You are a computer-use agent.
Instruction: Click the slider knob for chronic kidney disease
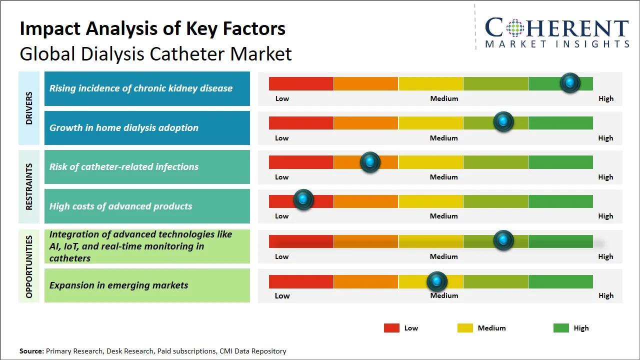[570, 82]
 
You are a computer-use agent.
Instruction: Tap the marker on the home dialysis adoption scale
[503, 121]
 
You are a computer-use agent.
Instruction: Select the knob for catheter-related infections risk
[370, 161]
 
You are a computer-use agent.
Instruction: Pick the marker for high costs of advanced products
[303, 199]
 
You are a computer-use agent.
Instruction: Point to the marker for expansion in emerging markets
[437, 281]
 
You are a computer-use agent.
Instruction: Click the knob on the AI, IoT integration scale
[503, 240]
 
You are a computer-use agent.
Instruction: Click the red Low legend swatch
[391, 328]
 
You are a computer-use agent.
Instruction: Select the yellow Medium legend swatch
[465, 328]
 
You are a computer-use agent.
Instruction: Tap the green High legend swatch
[561, 328]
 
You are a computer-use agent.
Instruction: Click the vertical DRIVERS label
[29, 108]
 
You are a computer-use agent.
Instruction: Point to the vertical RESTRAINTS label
[29, 186]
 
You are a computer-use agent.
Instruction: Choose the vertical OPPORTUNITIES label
[29, 266]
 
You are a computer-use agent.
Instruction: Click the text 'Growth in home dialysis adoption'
[124, 127]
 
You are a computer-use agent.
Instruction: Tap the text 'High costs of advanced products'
[120, 206]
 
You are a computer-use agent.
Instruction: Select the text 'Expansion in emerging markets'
[119, 285]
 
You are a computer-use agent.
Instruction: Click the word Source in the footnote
[31, 351]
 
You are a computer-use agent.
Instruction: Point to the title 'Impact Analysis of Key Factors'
[152, 28]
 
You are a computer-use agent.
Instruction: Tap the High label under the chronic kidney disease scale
[606, 98]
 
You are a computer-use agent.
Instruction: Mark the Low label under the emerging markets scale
[282, 295]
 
